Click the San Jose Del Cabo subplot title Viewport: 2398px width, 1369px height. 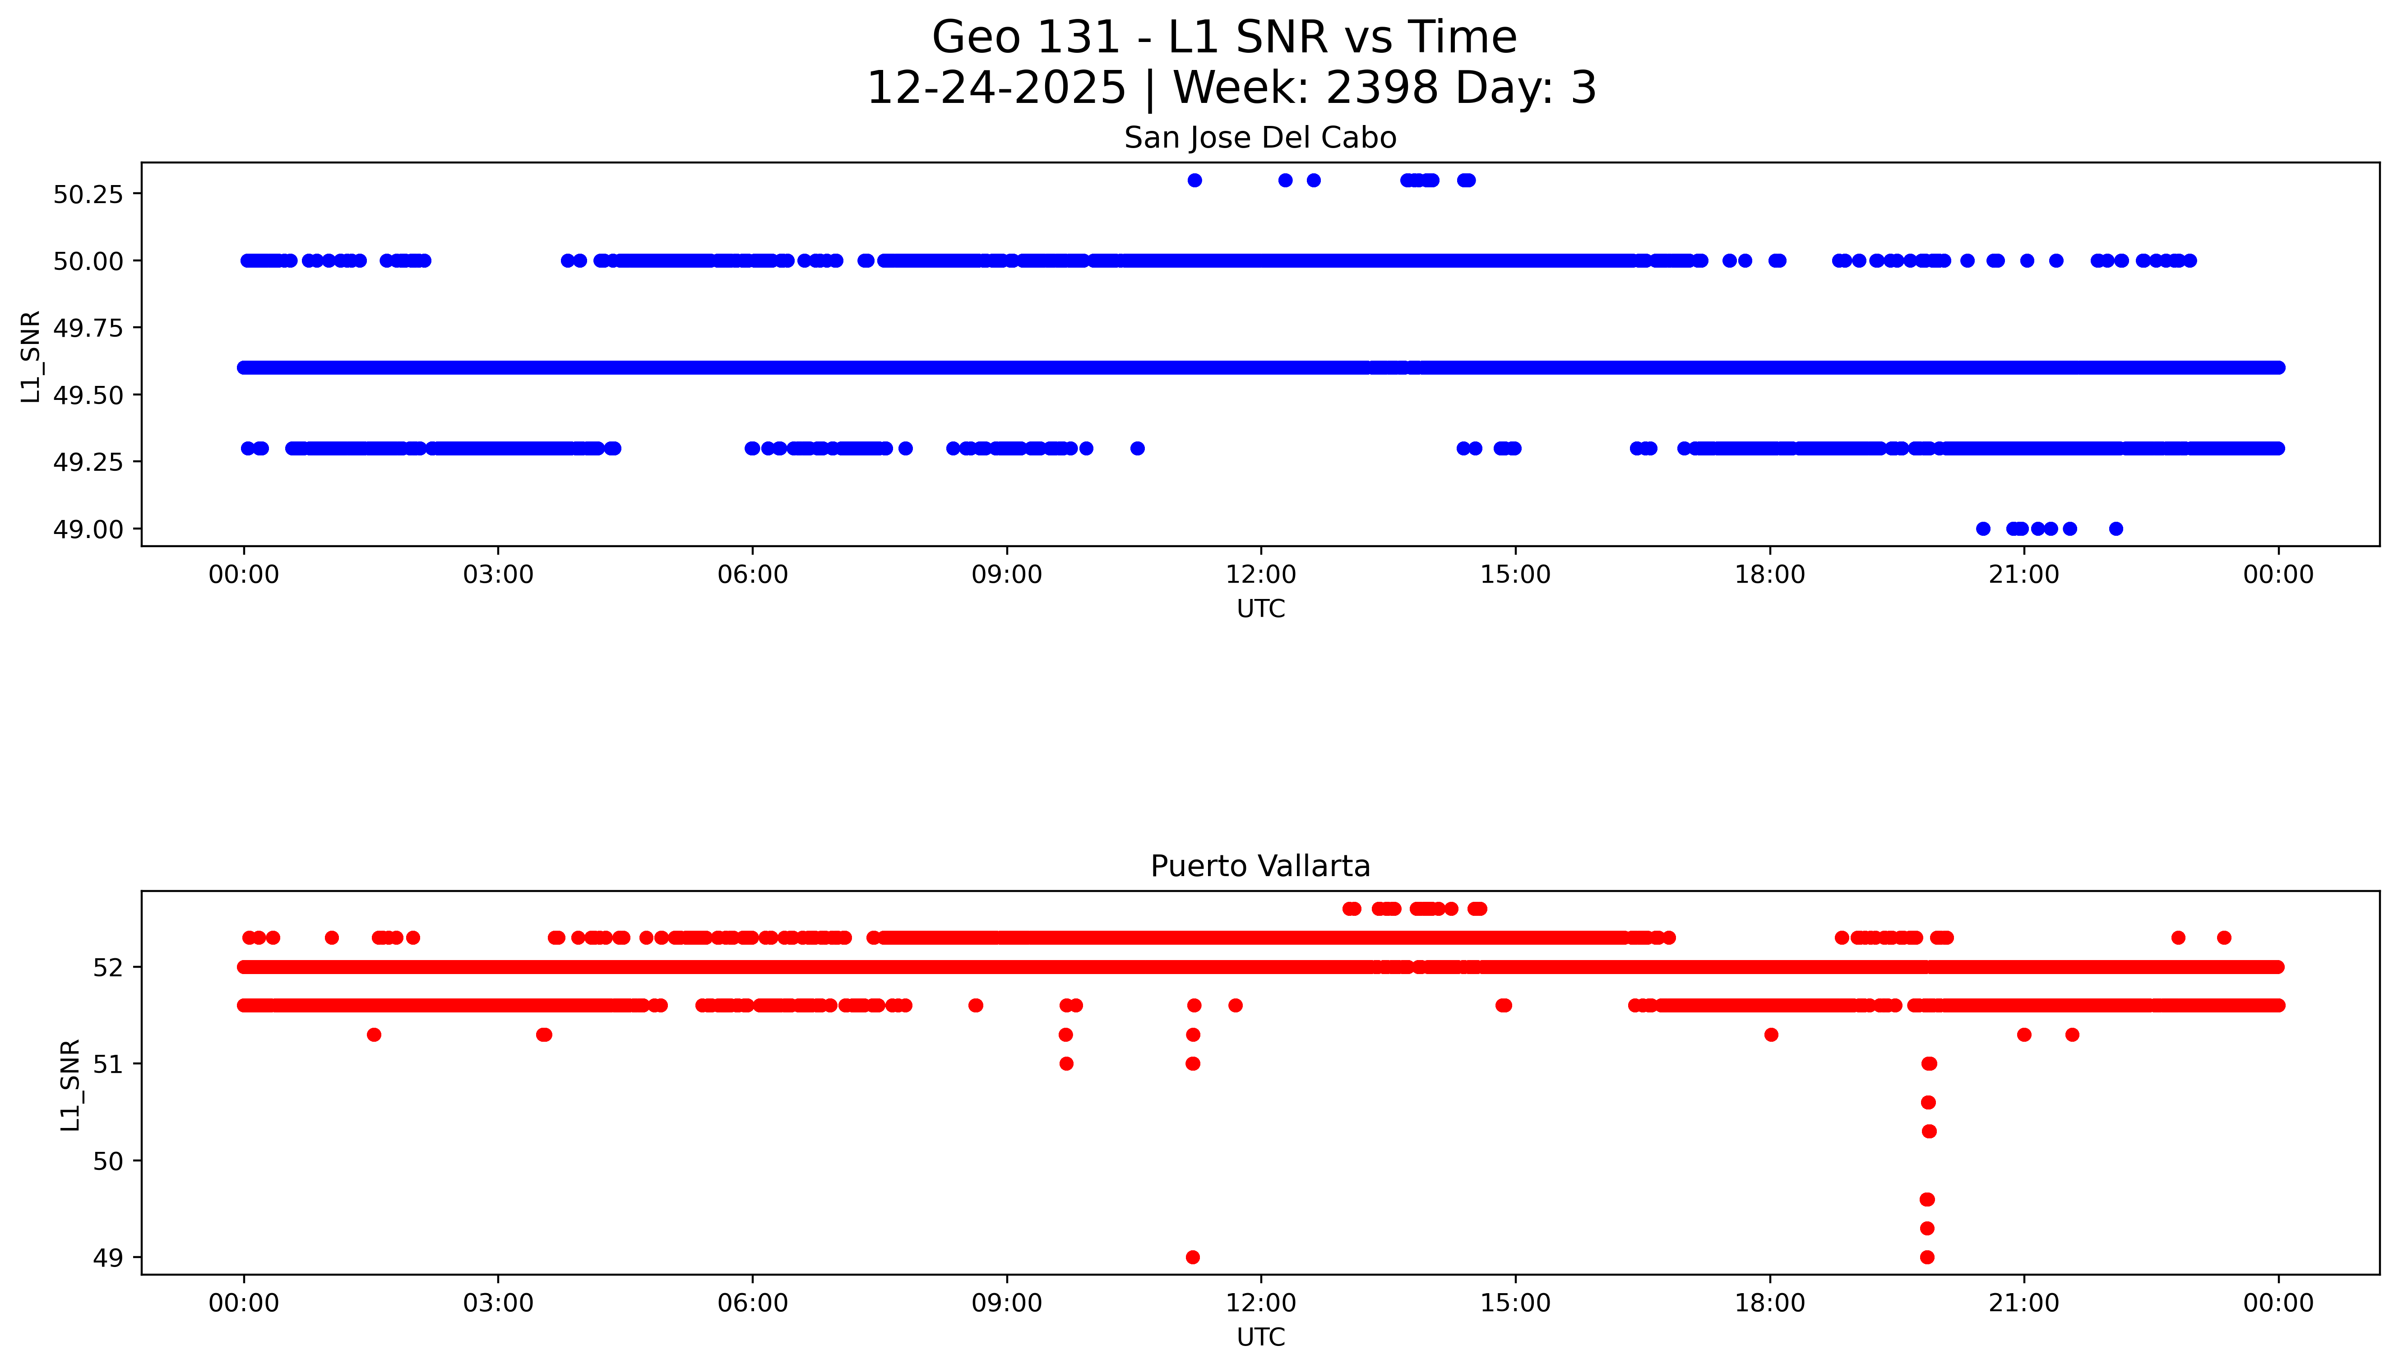click(1259, 138)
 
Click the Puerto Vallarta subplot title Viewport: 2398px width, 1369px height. click(1259, 866)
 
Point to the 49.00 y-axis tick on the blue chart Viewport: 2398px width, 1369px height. click(88, 529)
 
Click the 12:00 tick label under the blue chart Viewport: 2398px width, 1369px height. click(1260, 575)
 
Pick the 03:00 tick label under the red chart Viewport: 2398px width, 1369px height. click(498, 1303)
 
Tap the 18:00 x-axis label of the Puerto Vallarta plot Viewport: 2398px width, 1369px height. click(1769, 1303)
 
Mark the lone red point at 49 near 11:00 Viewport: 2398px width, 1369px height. click(1192, 1257)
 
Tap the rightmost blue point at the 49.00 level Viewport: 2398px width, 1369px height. click(2115, 529)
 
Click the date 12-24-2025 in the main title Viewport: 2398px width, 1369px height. click(995, 88)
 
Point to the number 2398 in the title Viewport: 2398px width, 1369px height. click(1381, 88)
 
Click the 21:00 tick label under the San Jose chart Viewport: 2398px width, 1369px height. click(2024, 575)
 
